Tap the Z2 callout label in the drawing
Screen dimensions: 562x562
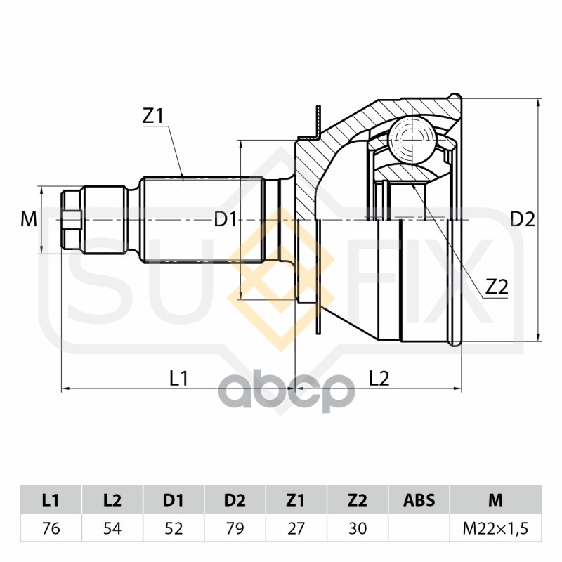pos(496,287)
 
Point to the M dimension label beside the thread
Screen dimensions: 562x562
pos(28,220)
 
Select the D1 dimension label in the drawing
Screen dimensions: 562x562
pos(226,220)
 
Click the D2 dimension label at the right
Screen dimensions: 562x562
pos(522,219)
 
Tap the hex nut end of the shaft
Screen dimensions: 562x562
pos(71,220)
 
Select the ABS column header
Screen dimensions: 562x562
pos(419,500)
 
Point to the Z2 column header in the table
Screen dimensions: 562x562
pos(358,500)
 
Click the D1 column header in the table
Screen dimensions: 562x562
pos(174,500)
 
